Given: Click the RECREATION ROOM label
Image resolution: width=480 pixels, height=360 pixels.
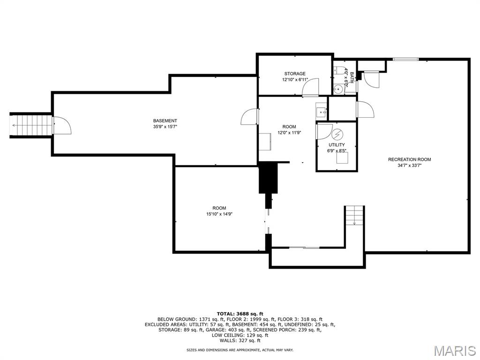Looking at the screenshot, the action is pyautogui.click(x=409, y=159).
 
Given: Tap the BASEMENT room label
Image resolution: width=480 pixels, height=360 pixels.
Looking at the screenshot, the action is pyautogui.click(x=165, y=121).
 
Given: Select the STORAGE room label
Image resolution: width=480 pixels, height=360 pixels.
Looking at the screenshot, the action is pyautogui.click(x=295, y=74).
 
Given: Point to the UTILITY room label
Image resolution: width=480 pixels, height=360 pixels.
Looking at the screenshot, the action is pyautogui.click(x=337, y=145).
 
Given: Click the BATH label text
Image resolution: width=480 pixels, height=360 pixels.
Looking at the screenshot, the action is pyautogui.click(x=352, y=78).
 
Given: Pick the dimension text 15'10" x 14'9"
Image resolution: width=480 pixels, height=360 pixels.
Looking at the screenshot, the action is pyautogui.click(x=219, y=214).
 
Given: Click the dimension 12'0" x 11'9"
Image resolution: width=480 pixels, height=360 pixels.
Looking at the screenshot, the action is pyautogui.click(x=289, y=133).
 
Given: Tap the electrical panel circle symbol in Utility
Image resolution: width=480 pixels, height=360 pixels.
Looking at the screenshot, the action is pyautogui.click(x=337, y=135).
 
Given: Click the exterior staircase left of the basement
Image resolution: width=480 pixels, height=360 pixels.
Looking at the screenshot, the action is pyautogui.click(x=30, y=125).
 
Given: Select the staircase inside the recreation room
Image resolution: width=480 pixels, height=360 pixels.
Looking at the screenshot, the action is pyautogui.click(x=354, y=216).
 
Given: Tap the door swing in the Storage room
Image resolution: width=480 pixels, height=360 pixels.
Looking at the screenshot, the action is pyautogui.click(x=310, y=87).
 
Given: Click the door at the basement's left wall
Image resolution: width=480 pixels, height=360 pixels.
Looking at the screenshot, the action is pyautogui.click(x=62, y=125).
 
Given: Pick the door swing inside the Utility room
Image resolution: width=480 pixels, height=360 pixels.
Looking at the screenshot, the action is pyautogui.click(x=324, y=132).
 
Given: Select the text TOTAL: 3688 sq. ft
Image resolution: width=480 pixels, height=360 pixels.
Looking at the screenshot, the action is pyautogui.click(x=240, y=314).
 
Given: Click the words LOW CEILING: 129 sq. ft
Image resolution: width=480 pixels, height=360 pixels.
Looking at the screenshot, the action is pyautogui.click(x=240, y=335).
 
